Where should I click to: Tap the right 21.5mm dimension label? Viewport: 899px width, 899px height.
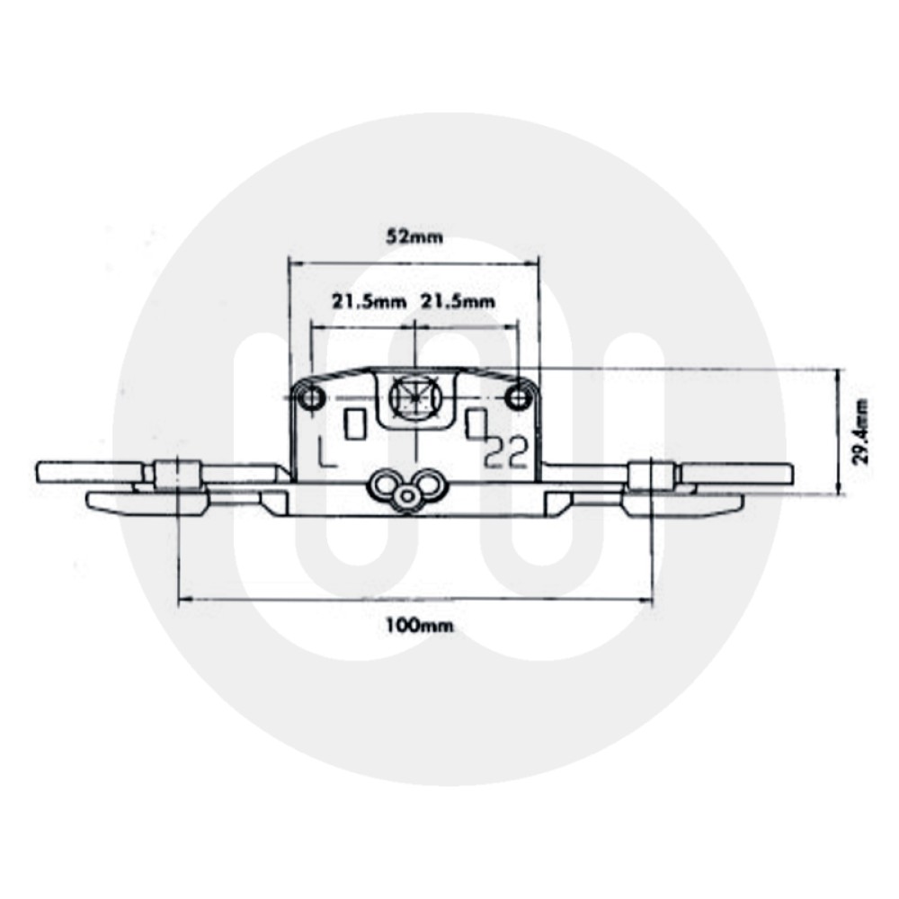[x=458, y=302]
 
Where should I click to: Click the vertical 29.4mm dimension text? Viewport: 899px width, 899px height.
[x=861, y=432]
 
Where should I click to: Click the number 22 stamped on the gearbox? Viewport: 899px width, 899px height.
[x=505, y=455]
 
